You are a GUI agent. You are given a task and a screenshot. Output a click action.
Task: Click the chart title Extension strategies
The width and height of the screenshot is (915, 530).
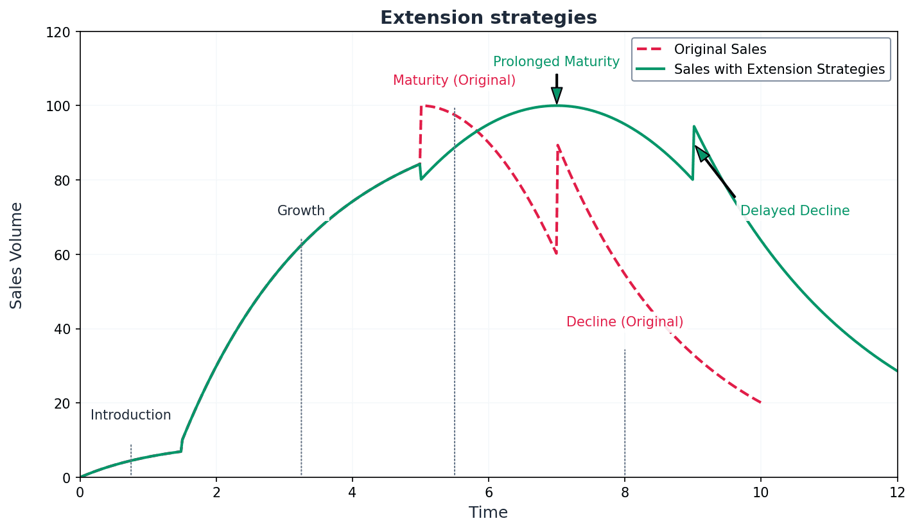[488, 18]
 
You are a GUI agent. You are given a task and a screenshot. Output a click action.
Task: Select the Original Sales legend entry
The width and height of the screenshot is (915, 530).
[719, 49]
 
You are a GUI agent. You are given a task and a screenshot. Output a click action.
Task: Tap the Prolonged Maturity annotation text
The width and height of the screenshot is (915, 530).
[556, 62]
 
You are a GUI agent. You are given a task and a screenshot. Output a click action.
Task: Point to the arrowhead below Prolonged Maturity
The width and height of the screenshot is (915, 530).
[557, 96]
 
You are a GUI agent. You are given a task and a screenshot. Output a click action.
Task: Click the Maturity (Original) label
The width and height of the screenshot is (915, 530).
[454, 81]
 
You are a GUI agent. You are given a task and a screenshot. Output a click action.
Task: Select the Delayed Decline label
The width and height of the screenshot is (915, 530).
[794, 211]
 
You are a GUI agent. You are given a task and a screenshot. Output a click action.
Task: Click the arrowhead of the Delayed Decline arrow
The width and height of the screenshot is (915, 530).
[701, 153]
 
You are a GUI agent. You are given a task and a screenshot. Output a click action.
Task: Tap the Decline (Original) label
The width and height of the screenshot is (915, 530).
[624, 322]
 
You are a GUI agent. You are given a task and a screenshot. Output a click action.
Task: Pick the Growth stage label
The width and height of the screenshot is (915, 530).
[301, 211]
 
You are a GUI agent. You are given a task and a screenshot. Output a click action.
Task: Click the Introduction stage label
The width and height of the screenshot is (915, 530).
[130, 416]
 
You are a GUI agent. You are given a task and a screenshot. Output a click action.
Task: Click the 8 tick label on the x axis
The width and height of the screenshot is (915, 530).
[624, 493]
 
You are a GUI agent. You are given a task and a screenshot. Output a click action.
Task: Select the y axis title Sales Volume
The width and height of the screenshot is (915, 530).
[17, 255]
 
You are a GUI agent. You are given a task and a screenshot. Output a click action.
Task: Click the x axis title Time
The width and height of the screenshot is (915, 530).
[488, 513]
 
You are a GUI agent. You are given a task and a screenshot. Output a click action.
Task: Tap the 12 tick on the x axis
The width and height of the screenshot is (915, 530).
[896, 493]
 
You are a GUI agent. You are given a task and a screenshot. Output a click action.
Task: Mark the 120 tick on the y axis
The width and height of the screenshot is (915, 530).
[62, 31]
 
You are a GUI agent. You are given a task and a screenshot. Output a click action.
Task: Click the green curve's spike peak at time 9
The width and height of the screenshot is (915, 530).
[693, 127]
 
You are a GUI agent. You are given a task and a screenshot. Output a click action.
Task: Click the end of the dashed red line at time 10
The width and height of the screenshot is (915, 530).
[760, 403]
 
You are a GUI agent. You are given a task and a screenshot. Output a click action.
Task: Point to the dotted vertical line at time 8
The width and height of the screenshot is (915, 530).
[624, 411]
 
